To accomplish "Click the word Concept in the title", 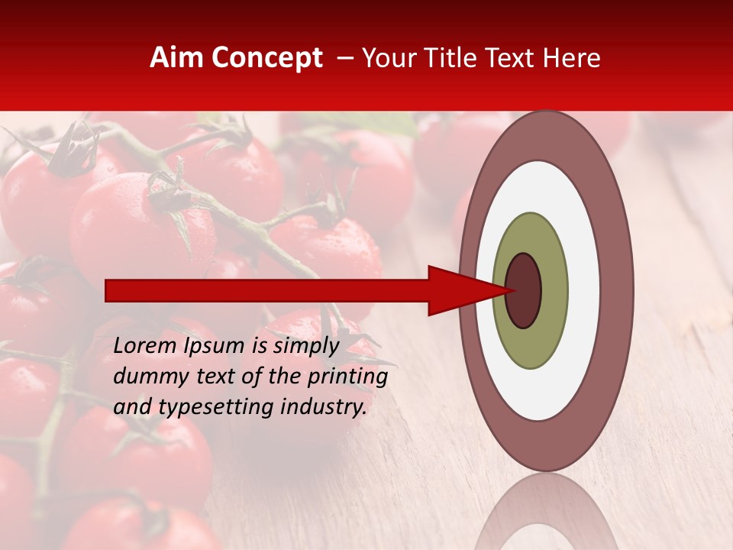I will (x=266, y=58).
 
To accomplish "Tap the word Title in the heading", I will (x=454, y=58).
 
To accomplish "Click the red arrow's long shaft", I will (x=267, y=290).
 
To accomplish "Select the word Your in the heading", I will (x=389, y=58).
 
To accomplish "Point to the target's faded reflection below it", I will (x=545, y=516).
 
